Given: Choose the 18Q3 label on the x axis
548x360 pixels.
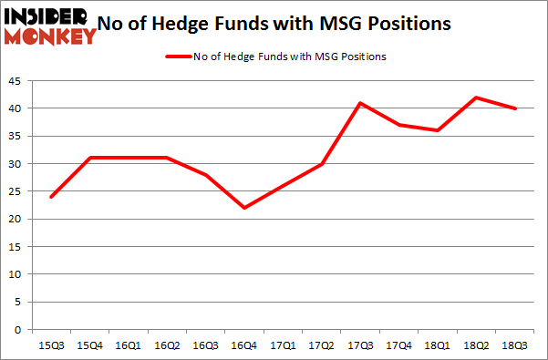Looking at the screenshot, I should pyautogui.click(x=515, y=346).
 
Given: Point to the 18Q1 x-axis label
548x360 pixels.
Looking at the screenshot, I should pyautogui.click(x=437, y=346).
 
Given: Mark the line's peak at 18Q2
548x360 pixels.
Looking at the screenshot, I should pyautogui.click(x=476, y=98).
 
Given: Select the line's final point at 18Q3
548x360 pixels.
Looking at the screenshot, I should pyautogui.click(x=515, y=108).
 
